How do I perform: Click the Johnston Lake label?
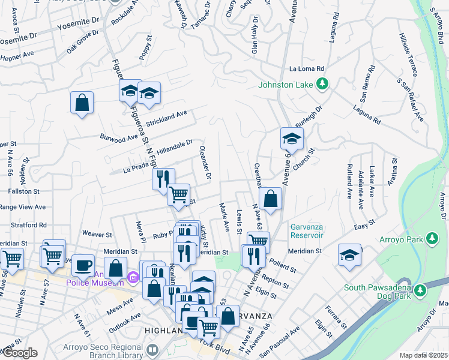(x=286, y=85)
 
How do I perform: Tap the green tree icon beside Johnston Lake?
(x=323, y=84)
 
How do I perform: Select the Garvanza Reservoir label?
(x=307, y=231)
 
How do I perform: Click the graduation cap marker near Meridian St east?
(x=349, y=254)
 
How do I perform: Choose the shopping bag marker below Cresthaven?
(x=271, y=199)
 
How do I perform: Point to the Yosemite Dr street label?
(x=78, y=27)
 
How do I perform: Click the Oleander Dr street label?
(x=205, y=165)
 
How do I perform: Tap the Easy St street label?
(x=360, y=224)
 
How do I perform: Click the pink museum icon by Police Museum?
(x=133, y=277)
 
